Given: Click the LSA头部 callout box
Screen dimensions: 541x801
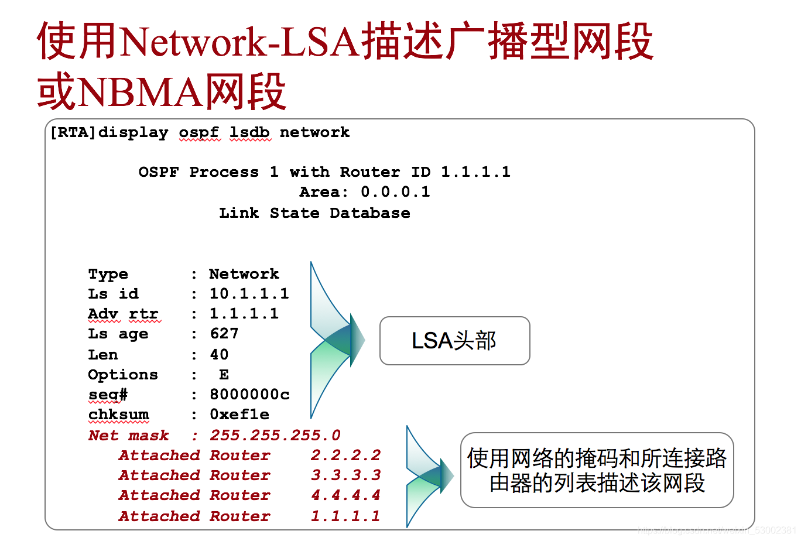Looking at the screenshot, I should (454, 341).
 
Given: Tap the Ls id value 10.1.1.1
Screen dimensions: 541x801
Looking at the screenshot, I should (249, 294).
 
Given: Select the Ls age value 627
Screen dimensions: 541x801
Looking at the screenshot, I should (224, 334).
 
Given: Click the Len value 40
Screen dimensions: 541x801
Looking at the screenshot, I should (219, 355).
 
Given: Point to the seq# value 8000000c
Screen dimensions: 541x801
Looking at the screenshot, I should (249, 395).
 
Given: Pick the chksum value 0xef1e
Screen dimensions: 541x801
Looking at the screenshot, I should (239, 415).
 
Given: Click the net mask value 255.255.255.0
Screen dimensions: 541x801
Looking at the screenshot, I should (275, 436).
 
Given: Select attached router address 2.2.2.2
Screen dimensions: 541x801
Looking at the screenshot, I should (345, 456).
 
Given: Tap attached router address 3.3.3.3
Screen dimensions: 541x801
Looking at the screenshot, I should (345, 475).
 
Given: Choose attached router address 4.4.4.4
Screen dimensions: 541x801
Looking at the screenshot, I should (345, 495).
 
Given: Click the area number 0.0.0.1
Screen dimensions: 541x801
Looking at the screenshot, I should (395, 192).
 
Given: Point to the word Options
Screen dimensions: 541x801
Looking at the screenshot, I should (123, 375).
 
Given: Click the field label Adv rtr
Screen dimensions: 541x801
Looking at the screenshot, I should (123, 314).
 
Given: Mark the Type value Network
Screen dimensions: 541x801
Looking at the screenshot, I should (244, 274).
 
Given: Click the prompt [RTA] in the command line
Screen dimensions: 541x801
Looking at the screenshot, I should (73, 132).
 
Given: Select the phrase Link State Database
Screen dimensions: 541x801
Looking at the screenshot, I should (314, 213).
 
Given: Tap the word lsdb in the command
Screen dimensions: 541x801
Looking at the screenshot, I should (249, 132).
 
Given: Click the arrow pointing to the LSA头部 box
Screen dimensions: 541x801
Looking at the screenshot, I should (338, 340).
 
